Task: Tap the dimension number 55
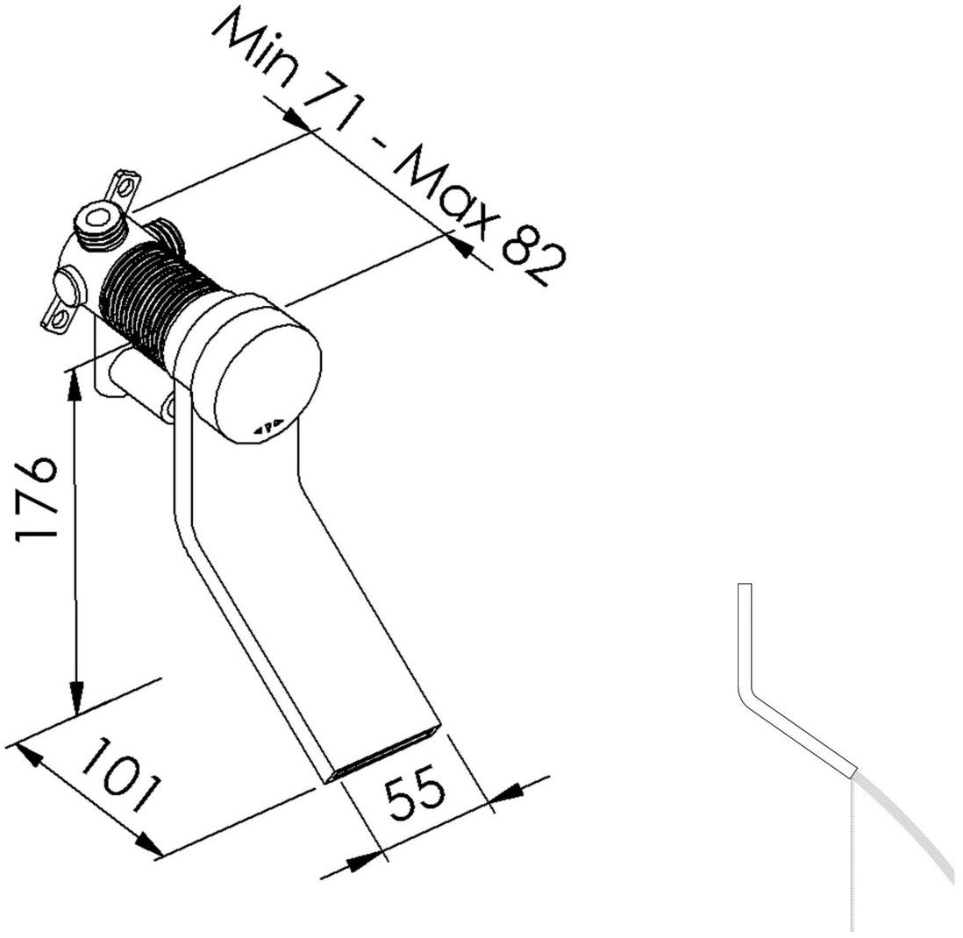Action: coord(415,792)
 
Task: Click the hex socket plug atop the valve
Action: coord(98,222)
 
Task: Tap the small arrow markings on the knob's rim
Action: coord(268,425)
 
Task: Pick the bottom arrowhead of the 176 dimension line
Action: coord(77,699)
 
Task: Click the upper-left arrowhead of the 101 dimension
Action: coord(29,755)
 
